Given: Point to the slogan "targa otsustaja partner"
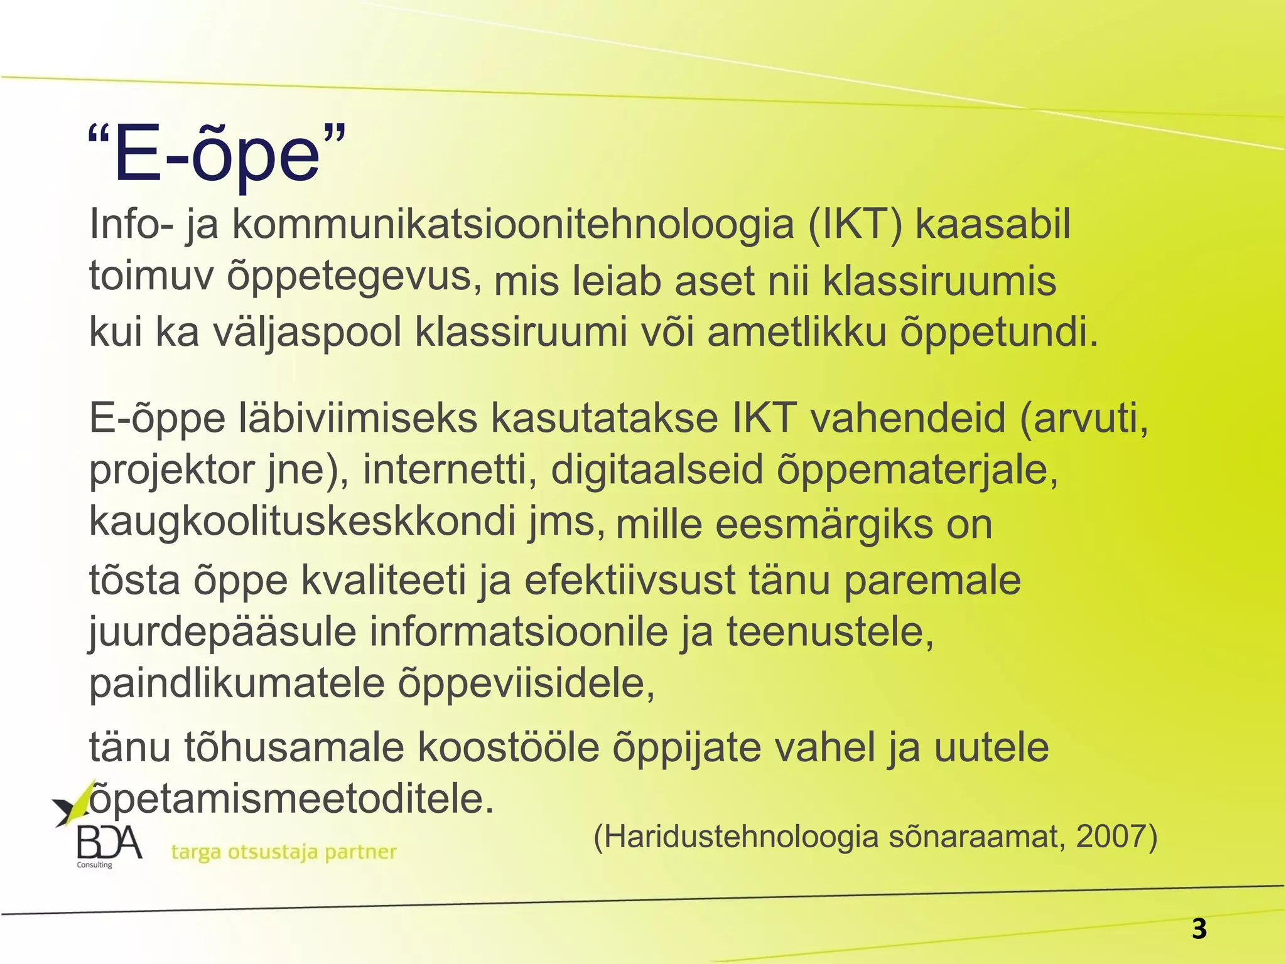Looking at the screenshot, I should click(x=284, y=852).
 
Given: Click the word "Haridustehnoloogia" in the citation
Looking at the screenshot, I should click(x=735, y=837).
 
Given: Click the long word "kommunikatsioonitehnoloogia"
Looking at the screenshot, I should click(x=513, y=225).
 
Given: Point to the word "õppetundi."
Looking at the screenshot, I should click(x=999, y=333).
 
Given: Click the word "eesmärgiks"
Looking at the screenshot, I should click(x=824, y=525).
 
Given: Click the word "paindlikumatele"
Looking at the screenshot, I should click(x=237, y=683).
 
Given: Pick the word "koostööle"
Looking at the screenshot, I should click(x=508, y=747).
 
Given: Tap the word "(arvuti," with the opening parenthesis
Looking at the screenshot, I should click(x=1084, y=419).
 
